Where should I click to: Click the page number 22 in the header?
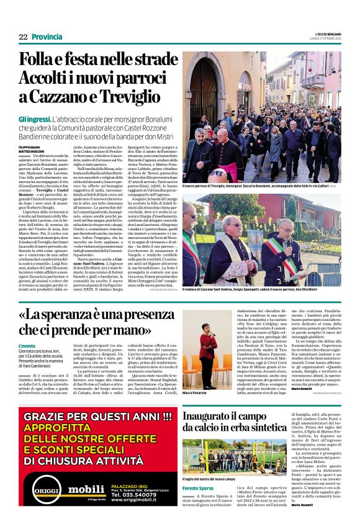(x=23, y=37)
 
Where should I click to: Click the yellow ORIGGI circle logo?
(x=40, y=493)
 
